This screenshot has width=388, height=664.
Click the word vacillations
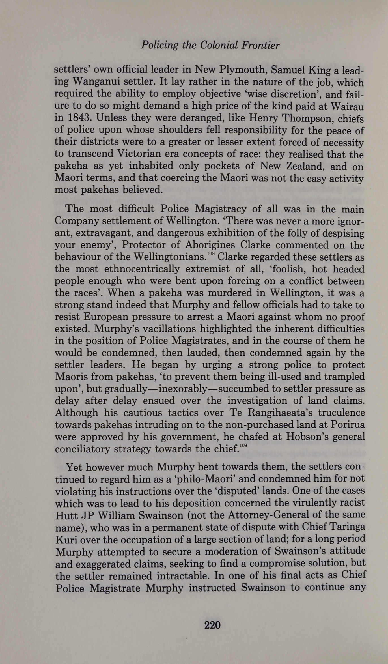(x=151, y=329)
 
